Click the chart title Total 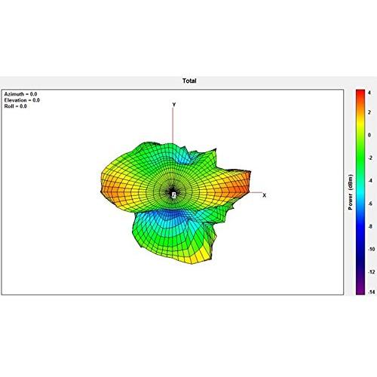click(x=189, y=81)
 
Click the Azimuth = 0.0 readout click(x=20, y=94)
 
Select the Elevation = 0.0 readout click(x=22, y=100)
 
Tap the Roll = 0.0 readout click(x=15, y=106)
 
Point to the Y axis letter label click(x=174, y=105)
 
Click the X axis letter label click(x=264, y=195)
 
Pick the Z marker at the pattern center click(x=174, y=195)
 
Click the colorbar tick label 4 click(x=369, y=93)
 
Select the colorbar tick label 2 click(x=369, y=112)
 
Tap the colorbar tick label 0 click(x=369, y=135)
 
